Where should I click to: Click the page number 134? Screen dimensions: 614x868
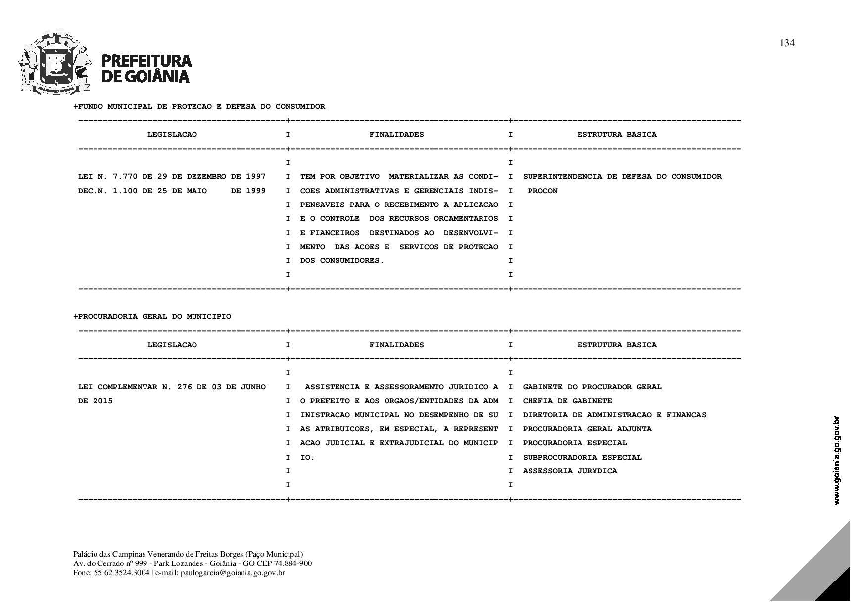click(x=787, y=43)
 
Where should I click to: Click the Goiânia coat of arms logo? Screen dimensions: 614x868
click(x=54, y=63)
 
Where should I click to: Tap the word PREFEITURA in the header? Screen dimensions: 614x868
click(x=146, y=61)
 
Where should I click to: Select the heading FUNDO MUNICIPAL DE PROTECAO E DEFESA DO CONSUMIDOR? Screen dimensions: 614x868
click(x=199, y=106)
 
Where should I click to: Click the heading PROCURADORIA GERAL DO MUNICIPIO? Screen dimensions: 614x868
click(x=152, y=316)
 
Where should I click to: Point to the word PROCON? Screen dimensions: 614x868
click(x=542, y=191)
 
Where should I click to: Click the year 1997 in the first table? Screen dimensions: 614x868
click(x=256, y=176)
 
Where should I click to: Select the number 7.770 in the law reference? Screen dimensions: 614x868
click(x=125, y=176)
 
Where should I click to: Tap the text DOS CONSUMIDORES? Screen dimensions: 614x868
click(x=341, y=260)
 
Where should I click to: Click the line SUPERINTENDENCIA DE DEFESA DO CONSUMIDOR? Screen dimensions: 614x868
click(x=622, y=176)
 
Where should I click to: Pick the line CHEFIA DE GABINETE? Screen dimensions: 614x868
click(x=567, y=401)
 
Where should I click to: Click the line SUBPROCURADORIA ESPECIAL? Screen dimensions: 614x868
click(x=582, y=457)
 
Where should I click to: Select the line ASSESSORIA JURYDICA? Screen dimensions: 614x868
click(x=570, y=471)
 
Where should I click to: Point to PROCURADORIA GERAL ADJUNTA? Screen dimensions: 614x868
click(x=587, y=429)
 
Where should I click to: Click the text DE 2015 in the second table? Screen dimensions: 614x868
click(x=95, y=401)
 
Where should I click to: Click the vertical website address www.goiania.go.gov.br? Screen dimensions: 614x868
click(x=837, y=460)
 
